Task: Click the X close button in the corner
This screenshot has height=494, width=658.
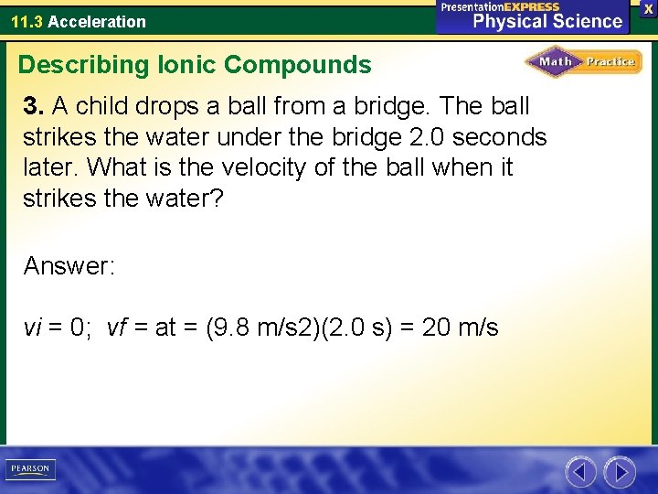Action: pyautogui.click(x=648, y=8)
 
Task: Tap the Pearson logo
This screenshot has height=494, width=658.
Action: pyautogui.click(x=30, y=469)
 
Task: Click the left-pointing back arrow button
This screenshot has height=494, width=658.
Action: pyautogui.click(x=580, y=471)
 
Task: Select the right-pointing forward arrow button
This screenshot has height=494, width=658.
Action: pyautogui.click(x=620, y=471)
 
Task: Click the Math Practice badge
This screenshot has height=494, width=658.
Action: pyautogui.click(x=583, y=62)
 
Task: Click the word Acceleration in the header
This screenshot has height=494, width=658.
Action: pyautogui.click(x=97, y=21)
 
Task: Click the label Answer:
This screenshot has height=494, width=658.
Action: pyautogui.click(x=69, y=266)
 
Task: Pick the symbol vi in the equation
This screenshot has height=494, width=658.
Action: pyautogui.click(x=32, y=327)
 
